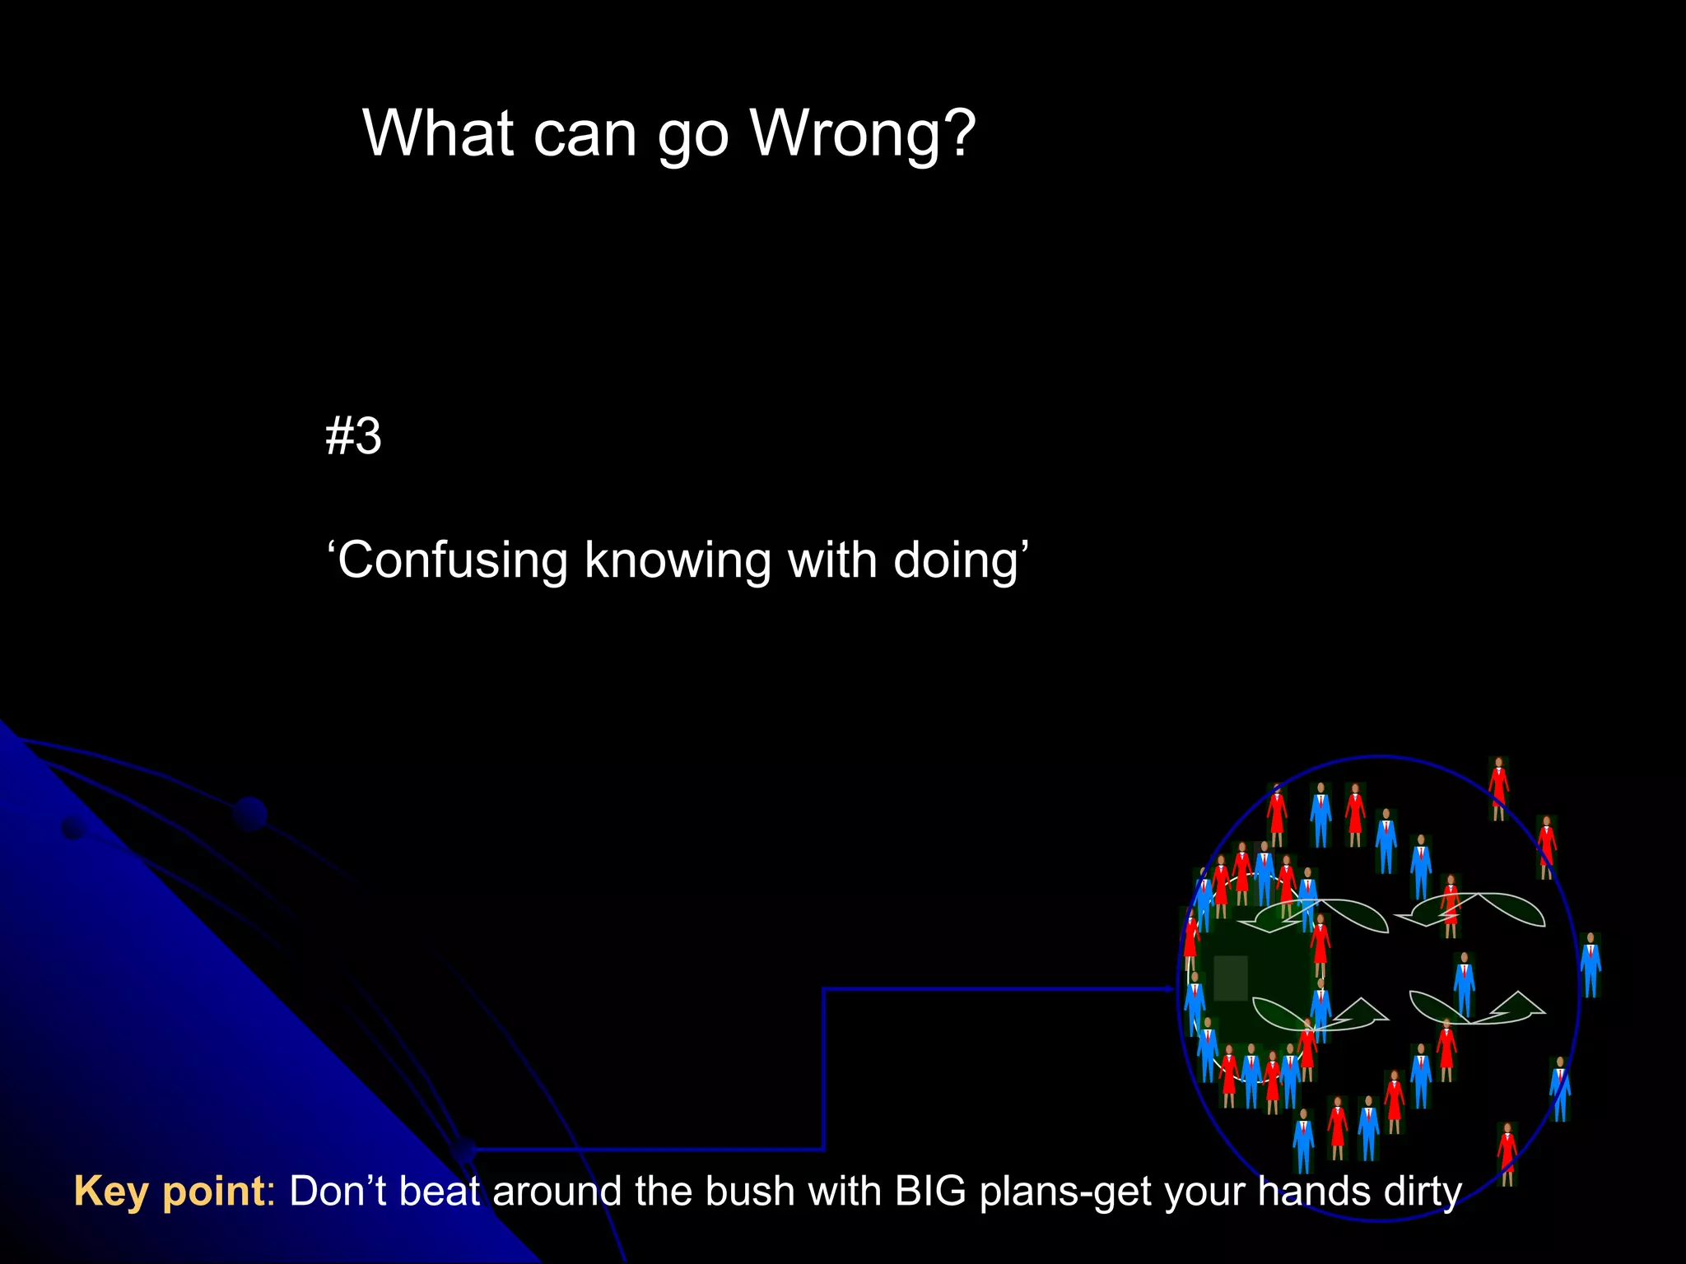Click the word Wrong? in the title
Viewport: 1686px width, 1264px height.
click(863, 133)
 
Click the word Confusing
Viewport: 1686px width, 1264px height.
click(452, 562)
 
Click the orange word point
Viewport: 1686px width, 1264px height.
click(214, 1192)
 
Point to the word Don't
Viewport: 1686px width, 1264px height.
click(338, 1192)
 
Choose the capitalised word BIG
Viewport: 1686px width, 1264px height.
click(930, 1192)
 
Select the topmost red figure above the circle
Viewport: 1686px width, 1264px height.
click(1498, 788)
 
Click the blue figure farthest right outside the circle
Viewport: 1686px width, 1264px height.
click(1591, 964)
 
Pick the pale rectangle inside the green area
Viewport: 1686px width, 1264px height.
click(1230, 978)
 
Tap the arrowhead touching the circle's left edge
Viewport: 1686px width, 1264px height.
click(1170, 989)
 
